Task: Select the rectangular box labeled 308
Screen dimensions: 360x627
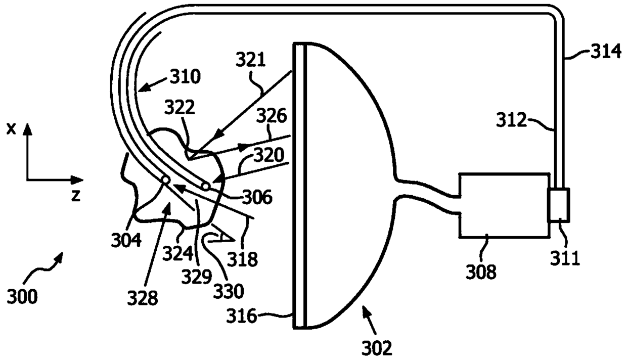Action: (x=504, y=206)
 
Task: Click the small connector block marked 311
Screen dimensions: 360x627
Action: (x=559, y=205)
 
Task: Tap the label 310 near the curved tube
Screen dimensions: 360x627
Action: (x=186, y=77)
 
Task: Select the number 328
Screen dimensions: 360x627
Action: (x=143, y=298)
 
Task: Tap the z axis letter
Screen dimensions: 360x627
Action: (x=76, y=196)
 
